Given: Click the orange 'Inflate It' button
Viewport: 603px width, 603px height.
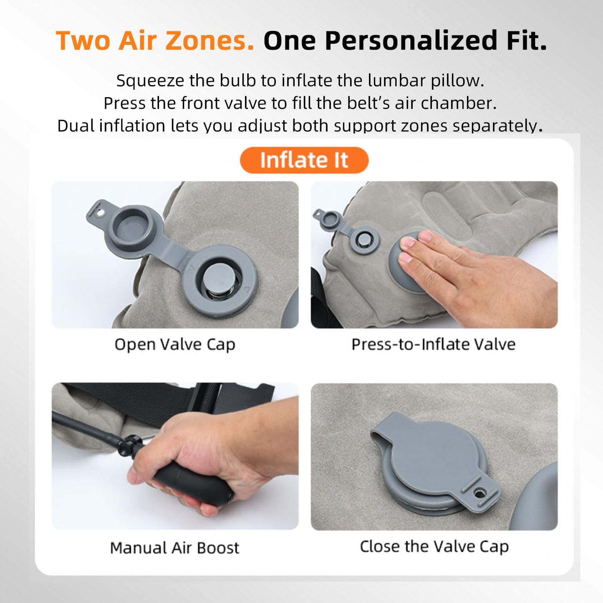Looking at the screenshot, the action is pyautogui.click(x=304, y=160).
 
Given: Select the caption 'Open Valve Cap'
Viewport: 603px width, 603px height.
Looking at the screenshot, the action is pyautogui.click(x=175, y=345).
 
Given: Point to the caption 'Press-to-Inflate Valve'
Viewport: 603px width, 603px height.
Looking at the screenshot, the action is pyautogui.click(x=434, y=345).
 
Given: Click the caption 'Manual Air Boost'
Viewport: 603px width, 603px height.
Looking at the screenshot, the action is pyautogui.click(x=174, y=548).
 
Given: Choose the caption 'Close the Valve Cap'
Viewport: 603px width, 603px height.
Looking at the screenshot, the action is pyautogui.click(x=434, y=547).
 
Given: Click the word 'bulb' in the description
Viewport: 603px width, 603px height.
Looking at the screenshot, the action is pyautogui.click(x=237, y=81).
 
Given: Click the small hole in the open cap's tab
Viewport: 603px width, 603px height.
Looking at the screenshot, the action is pyautogui.click(x=101, y=213).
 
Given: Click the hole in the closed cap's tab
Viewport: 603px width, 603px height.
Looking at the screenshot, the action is pyautogui.click(x=479, y=494).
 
